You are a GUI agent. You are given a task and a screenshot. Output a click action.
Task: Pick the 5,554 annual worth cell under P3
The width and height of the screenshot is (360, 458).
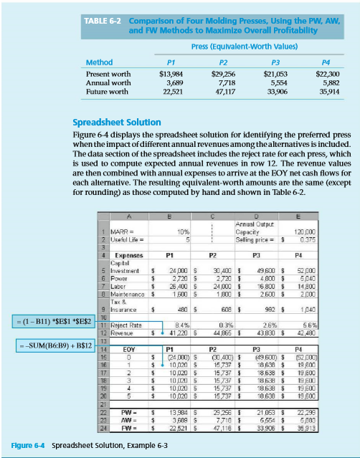pyautogui.click(x=275, y=82)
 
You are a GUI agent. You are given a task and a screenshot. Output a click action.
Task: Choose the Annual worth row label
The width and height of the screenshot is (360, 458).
pyautogui.click(x=108, y=82)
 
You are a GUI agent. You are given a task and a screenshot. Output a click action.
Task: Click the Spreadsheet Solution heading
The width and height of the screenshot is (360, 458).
pyautogui.click(x=117, y=123)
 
